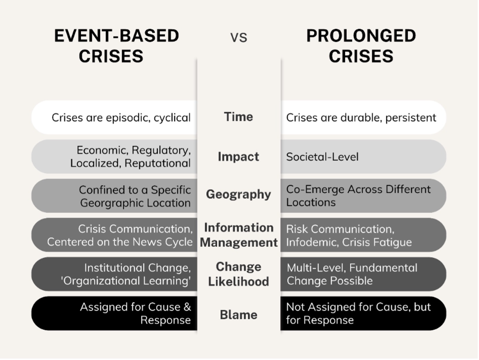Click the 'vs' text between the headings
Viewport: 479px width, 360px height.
coord(239,38)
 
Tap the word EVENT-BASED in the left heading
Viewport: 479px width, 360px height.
coord(116,36)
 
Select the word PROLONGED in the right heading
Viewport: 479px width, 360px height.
coord(361,36)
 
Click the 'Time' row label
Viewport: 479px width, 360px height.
coord(238,117)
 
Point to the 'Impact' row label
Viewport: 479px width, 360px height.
coord(238,156)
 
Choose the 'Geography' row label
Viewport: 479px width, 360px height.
coord(238,194)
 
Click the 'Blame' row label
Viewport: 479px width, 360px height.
coord(238,315)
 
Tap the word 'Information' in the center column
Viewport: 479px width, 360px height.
coord(239,228)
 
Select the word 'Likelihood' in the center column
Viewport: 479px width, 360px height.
coord(238,281)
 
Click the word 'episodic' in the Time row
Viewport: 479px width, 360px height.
coord(128,118)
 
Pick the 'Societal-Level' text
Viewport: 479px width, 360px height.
coord(322,157)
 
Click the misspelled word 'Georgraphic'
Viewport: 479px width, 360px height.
coord(112,203)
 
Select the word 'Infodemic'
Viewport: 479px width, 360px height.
coord(313,242)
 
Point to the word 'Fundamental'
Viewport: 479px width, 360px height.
coord(384,268)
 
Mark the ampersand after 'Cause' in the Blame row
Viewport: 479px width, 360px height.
coord(187,307)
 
